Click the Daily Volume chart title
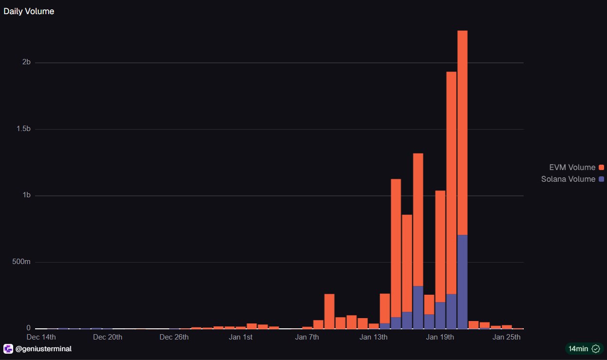(29, 11)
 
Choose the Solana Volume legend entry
(568, 179)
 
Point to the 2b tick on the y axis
(26, 62)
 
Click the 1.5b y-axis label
(22, 129)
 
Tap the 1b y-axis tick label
(26, 195)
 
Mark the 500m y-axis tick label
(21, 262)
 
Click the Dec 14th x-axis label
(41, 337)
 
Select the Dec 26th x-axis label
(174, 337)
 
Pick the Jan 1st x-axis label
(241, 337)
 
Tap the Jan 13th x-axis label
(374, 337)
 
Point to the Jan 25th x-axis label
(507, 337)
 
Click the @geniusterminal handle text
(43, 349)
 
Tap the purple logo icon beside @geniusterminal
(8, 349)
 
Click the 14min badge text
(579, 349)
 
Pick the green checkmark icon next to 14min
(595, 349)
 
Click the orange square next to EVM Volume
(602, 168)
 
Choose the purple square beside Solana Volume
(602, 179)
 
